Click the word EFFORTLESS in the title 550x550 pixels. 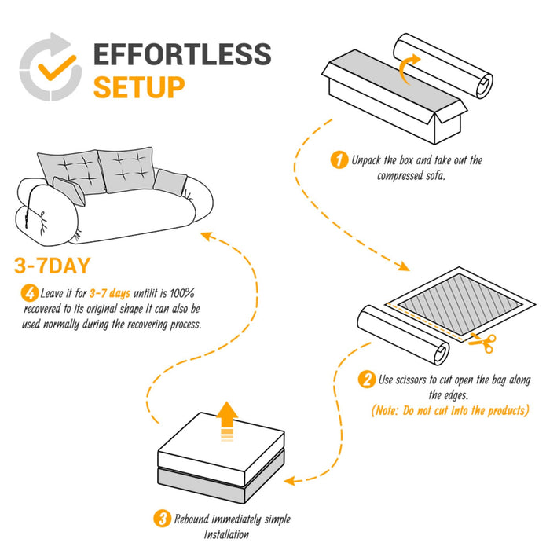[182, 55]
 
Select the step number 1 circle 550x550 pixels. [339, 160]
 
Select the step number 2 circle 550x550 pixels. [366, 379]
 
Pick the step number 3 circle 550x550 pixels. [162, 519]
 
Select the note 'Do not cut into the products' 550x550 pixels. [449, 411]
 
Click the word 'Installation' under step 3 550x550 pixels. [226, 534]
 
